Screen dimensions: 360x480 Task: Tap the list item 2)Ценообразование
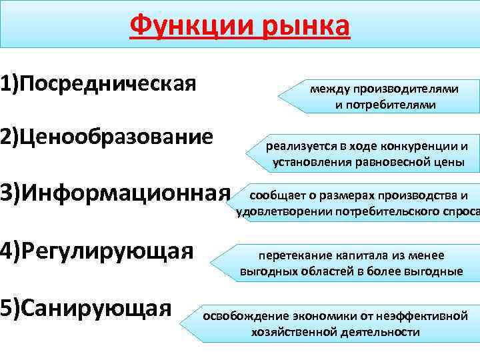(107, 137)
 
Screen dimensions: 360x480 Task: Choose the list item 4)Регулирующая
(97, 251)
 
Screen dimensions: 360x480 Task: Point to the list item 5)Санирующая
(87, 308)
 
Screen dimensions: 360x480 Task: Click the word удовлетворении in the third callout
(275, 213)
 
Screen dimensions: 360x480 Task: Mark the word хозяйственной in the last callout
(293, 332)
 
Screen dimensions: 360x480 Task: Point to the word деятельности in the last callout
(381, 332)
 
